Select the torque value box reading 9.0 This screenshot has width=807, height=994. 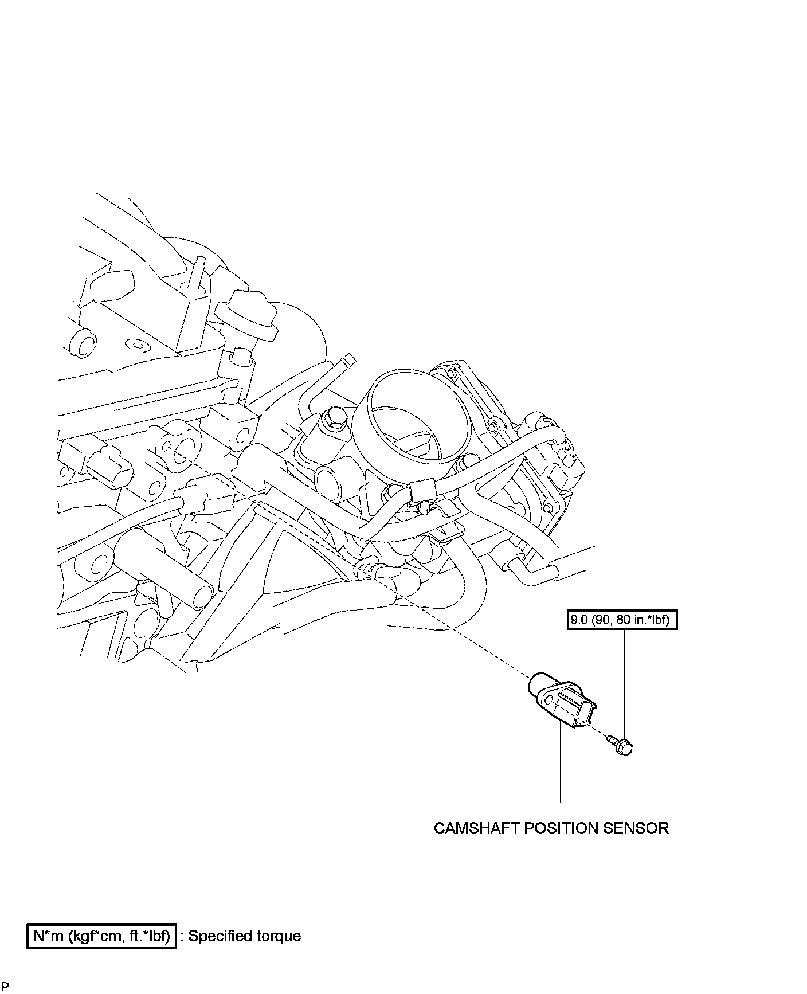click(622, 620)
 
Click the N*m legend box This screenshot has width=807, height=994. click(101, 936)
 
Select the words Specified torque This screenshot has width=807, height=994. click(245, 936)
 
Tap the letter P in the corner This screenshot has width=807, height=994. click(5, 987)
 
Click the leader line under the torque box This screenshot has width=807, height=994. click(624, 682)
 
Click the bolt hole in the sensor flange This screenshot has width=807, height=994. click(550, 701)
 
